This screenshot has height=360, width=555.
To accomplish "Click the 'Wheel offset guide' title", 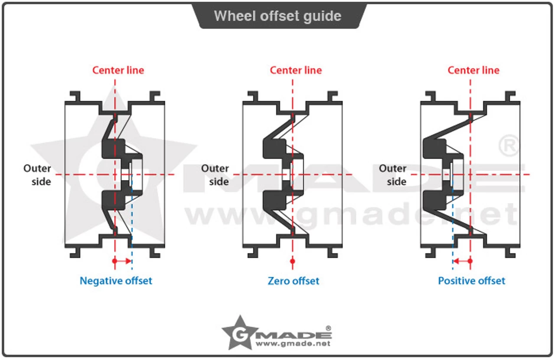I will point(277,16).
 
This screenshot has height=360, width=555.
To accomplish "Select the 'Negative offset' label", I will point(116,281).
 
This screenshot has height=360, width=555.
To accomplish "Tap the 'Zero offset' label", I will point(293,281).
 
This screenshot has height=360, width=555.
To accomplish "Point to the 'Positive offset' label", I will point(471,281).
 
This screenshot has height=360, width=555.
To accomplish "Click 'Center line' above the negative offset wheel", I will point(118,70).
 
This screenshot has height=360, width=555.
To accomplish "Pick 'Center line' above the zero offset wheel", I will point(296,70).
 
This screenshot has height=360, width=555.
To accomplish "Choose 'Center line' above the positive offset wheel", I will point(473,70).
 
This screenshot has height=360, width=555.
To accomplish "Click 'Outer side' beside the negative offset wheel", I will point(37,175).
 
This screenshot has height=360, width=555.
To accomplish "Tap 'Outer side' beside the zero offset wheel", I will point(215,175).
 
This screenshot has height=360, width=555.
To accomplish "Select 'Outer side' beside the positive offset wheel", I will point(393,175).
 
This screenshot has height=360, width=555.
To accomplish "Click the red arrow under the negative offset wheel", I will point(123,261).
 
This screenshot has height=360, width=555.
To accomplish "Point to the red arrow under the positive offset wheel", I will point(461,261).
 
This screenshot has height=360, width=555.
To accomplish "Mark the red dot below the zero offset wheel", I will point(293,261).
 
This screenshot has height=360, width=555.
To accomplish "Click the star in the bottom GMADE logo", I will point(238,332).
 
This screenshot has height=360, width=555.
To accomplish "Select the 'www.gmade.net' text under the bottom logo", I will point(293,344).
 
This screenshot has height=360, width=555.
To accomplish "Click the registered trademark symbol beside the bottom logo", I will point(328,328).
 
